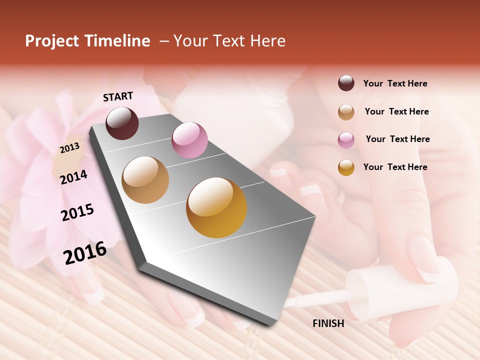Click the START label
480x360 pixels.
118,96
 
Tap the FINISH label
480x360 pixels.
328,323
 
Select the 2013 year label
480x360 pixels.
69,148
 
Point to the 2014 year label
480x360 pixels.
73,177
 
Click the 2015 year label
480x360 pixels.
77,212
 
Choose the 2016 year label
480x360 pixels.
85,252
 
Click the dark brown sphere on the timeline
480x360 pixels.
122,123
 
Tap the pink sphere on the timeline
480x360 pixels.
189,140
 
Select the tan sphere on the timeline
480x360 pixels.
145,180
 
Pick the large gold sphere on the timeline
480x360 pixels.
216,207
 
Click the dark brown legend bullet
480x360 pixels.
346,83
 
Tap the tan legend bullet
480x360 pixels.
346,111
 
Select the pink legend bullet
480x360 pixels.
346,139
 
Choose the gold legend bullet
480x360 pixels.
346,167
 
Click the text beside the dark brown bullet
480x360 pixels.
395,83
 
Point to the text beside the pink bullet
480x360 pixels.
397,139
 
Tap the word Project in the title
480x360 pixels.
52,41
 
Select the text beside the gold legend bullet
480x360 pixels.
395,167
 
